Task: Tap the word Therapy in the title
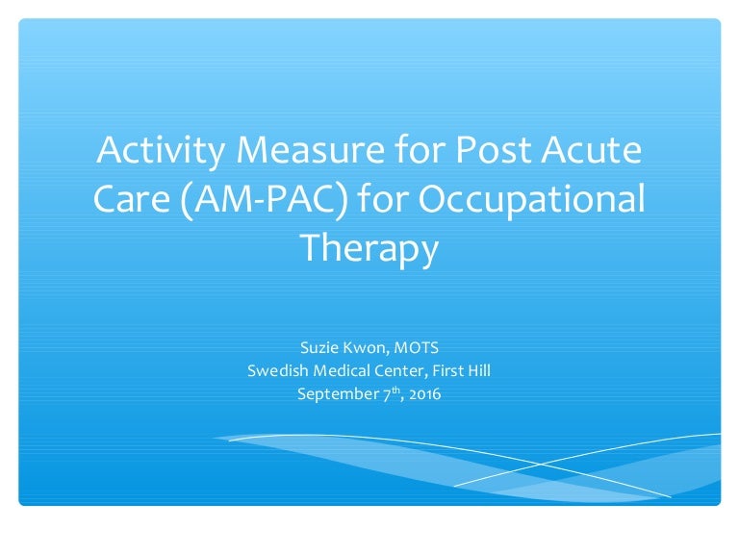pos(369,247)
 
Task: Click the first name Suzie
pos(319,347)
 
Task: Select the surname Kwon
pos(365,347)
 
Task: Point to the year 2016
pos(423,394)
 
